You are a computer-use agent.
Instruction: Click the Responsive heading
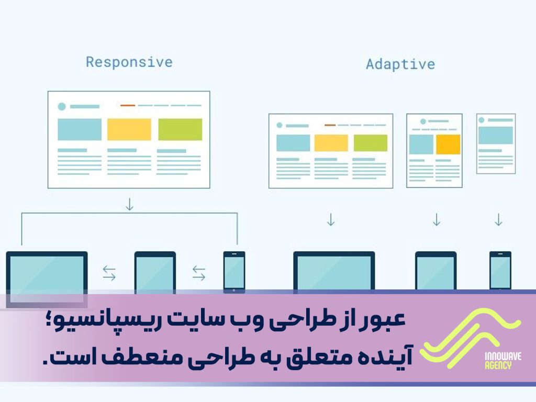click(129, 62)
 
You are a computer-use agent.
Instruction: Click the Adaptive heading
click(400, 64)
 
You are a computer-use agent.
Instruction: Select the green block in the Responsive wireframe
click(180, 129)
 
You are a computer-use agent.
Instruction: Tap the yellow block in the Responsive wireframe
click(129, 129)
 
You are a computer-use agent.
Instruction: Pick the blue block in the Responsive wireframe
click(80, 129)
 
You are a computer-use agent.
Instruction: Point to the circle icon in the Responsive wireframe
click(62, 106)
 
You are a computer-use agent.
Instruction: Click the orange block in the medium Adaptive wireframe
click(448, 144)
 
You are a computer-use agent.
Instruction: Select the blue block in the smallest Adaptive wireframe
click(495, 135)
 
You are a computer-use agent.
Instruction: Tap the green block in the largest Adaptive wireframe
click(371, 143)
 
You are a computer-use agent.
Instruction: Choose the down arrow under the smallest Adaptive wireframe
click(498, 219)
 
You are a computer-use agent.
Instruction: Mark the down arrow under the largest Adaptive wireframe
click(330, 219)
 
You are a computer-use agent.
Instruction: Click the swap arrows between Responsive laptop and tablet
click(109, 272)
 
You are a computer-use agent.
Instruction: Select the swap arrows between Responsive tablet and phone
click(199, 272)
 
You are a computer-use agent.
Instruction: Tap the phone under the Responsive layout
click(234, 271)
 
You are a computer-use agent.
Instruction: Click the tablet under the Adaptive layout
click(435, 271)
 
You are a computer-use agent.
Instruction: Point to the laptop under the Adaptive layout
click(334, 271)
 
